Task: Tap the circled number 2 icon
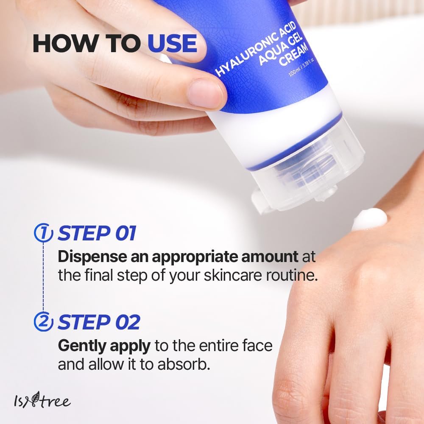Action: point(43,323)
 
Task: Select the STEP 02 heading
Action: point(99,323)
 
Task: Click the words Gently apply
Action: point(104,346)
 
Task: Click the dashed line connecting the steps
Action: point(43,278)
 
